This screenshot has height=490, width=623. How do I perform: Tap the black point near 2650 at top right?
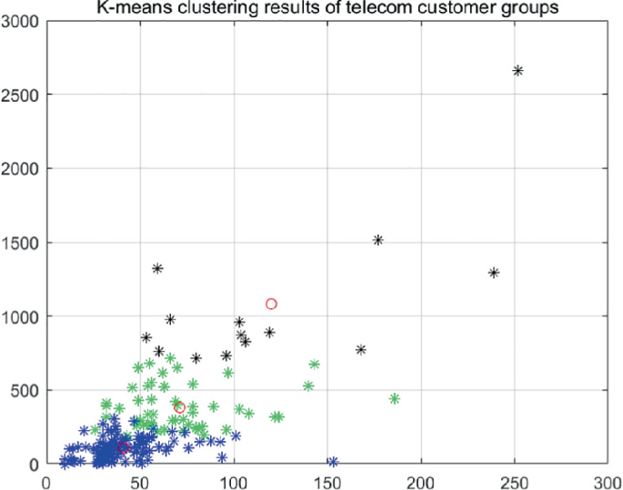pos(517,71)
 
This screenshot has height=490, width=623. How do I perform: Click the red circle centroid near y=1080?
pos(271,304)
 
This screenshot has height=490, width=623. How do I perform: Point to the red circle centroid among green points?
pos(180,407)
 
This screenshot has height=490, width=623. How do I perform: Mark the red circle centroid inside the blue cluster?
pos(123,447)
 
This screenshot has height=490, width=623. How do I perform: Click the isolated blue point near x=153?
pos(333,462)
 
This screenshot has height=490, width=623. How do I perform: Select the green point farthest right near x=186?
pos(395,399)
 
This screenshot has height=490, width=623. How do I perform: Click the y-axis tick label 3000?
pos(20,20)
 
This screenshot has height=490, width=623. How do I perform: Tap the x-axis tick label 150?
pos(327,480)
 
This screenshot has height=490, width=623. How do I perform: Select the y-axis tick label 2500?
pos(20,95)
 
